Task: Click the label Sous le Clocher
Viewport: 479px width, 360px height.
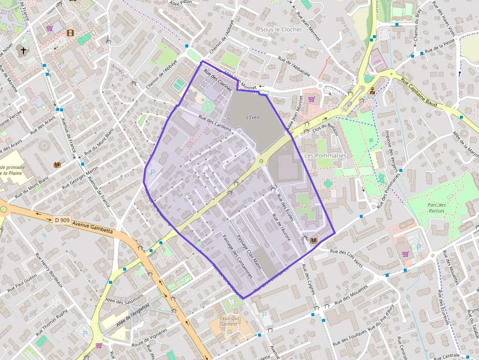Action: [x=281, y=30]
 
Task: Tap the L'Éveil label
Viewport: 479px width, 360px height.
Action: [x=253, y=117]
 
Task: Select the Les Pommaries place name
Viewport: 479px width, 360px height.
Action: [x=325, y=155]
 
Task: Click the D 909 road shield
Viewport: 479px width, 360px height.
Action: [x=62, y=220]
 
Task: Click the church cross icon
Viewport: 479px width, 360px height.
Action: [x=22, y=50]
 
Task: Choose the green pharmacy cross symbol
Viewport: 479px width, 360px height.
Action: [x=327, y=183]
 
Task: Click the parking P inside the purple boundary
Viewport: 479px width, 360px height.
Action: [x=153, y=172]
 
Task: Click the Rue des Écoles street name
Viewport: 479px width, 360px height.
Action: [x=285, y=208]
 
